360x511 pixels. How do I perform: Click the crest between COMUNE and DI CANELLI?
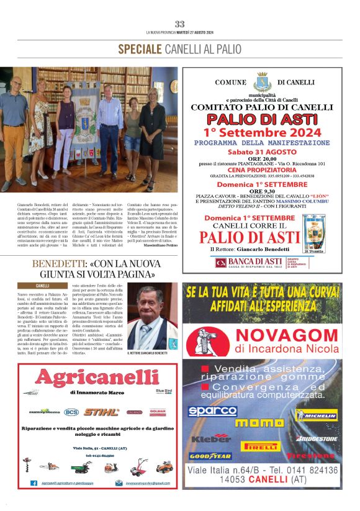[x=261, y=82]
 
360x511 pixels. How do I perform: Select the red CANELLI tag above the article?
[x=43, y=286]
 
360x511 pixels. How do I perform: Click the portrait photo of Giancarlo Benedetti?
[x=152, y=317]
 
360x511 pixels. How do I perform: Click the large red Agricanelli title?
[x=99, y=377]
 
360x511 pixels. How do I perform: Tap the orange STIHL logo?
[x=102, y=412]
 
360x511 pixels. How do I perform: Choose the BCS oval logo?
[x=72, y=412]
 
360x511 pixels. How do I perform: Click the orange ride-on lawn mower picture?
[x=164, y=467]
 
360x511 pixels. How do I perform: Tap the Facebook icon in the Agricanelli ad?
[x=34, y=482]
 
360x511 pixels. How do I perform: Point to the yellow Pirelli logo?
[x=261, y=446]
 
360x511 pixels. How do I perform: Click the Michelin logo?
[x=316, y=415]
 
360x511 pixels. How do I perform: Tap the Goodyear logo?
[x=210, y=456]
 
